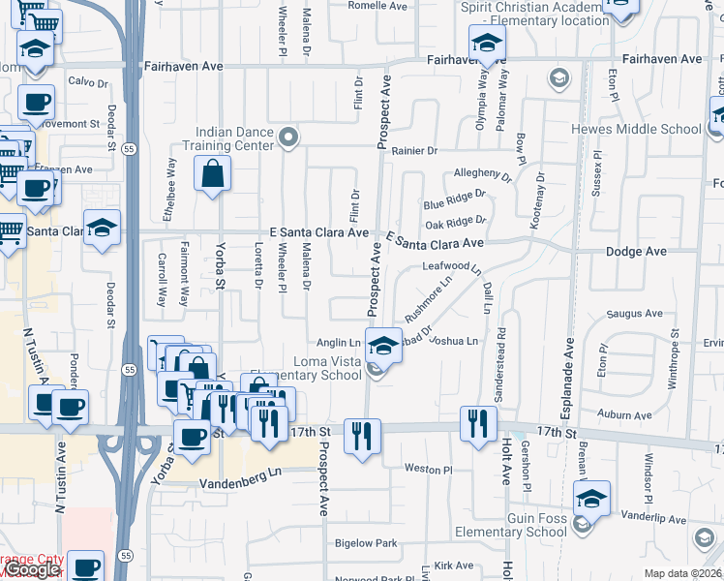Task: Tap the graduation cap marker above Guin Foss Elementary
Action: point(590,500)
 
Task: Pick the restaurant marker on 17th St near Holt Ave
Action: point(478,424)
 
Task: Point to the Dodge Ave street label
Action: point(636,251)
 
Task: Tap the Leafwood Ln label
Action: point(446,265)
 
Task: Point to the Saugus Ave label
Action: point(634,314)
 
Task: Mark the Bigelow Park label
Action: point(365,543)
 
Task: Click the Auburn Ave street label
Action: point(624,414)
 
